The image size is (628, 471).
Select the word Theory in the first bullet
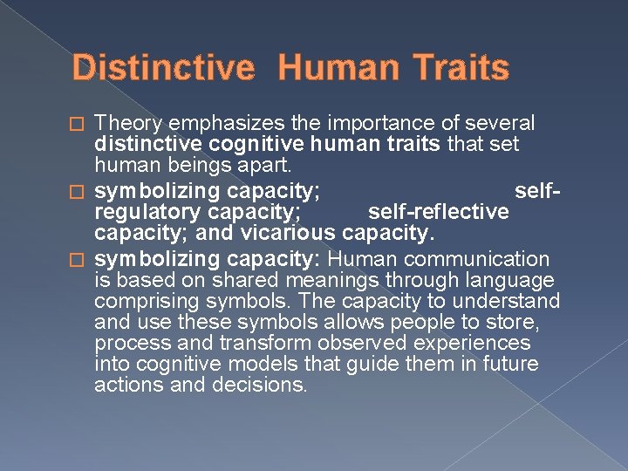point(127,124)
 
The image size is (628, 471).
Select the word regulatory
point(145,212)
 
